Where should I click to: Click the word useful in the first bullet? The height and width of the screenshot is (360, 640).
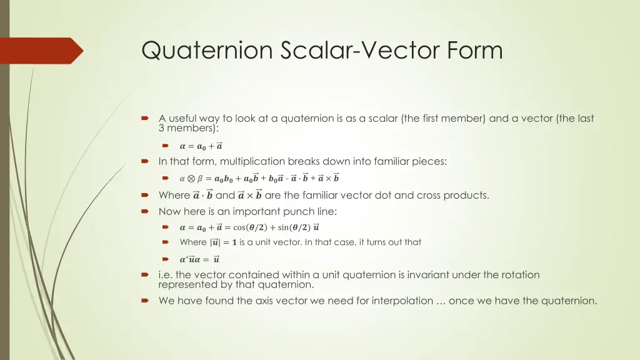click(187, 118)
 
